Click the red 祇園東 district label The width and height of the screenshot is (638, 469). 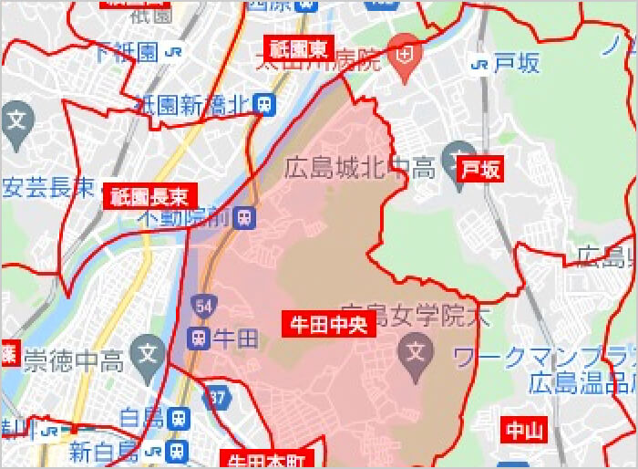pos(298,47)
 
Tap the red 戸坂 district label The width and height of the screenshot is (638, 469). pos(480,170)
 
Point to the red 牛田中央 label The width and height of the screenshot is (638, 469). pos(328,324)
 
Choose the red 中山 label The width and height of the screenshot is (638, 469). pos(524,431)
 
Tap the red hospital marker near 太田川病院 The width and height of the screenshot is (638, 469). pos(402,52)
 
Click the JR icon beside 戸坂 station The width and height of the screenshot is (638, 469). pos(478,63)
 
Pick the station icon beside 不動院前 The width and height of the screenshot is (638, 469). pos(243,218)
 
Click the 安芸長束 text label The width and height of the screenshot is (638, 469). pos(47,189)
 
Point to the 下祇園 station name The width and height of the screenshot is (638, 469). pos(128,52)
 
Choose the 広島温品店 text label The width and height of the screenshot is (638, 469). pos(583,382)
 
